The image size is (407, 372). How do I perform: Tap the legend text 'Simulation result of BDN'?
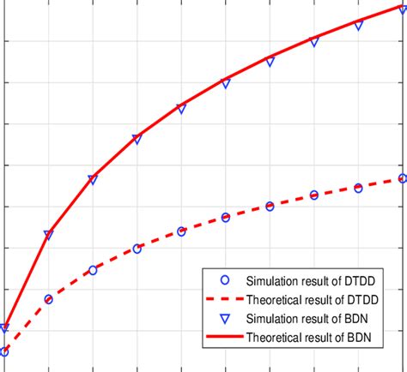(x=308, y=317)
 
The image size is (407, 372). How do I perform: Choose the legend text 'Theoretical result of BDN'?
(x=309, y=336)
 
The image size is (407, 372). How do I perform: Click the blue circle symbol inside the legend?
(x=224, y=279)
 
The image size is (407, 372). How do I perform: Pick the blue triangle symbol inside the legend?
(x=224, y=318)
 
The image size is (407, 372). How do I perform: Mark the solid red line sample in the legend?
(x=224, y=337)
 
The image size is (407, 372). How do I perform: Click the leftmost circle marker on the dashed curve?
(x=4, y=351)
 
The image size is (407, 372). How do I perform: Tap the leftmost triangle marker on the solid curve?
(x=4, y=328)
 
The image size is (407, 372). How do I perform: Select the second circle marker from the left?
(x=48, y=299)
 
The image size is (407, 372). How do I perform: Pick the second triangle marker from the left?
(x=48, y=235)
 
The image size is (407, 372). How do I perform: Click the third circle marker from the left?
(x=93, y=270)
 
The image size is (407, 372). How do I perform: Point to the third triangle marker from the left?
(x=93, y=180)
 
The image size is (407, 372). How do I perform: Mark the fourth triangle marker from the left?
(x=137, y=139)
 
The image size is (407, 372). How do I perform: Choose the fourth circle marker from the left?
(x=137, y=249)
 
